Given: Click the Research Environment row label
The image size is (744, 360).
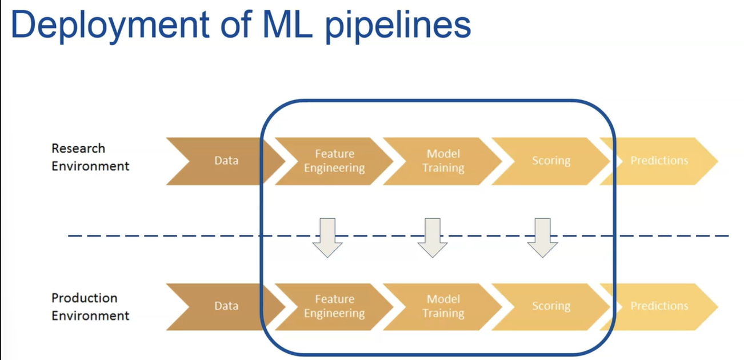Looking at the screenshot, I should coord(90,157).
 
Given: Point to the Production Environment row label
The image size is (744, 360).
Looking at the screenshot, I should coord(90,307).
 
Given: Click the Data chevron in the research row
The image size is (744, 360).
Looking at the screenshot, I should coord(226,161).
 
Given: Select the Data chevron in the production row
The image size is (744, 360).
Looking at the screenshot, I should coord(226,306).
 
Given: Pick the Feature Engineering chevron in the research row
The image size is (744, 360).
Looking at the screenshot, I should coord(334,161).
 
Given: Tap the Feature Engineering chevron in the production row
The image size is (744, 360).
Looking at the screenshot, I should coord(334,306).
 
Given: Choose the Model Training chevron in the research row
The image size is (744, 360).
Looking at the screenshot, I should coord(443,161).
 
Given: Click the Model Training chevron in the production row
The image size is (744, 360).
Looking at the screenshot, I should coord(443,306).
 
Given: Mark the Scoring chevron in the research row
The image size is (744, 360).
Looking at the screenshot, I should coord(551,161).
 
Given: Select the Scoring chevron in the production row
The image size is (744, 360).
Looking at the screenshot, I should coord(551,306).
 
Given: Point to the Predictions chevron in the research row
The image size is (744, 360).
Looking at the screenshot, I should coord(659,161).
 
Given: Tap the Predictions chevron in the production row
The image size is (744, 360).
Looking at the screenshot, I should coord(659,306).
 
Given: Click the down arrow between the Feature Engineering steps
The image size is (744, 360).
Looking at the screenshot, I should coord(327,237).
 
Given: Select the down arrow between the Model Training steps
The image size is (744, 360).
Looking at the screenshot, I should coord(432,237).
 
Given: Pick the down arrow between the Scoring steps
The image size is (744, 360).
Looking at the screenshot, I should coord(542,237).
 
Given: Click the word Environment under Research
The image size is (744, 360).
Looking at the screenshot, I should coord(90,166).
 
